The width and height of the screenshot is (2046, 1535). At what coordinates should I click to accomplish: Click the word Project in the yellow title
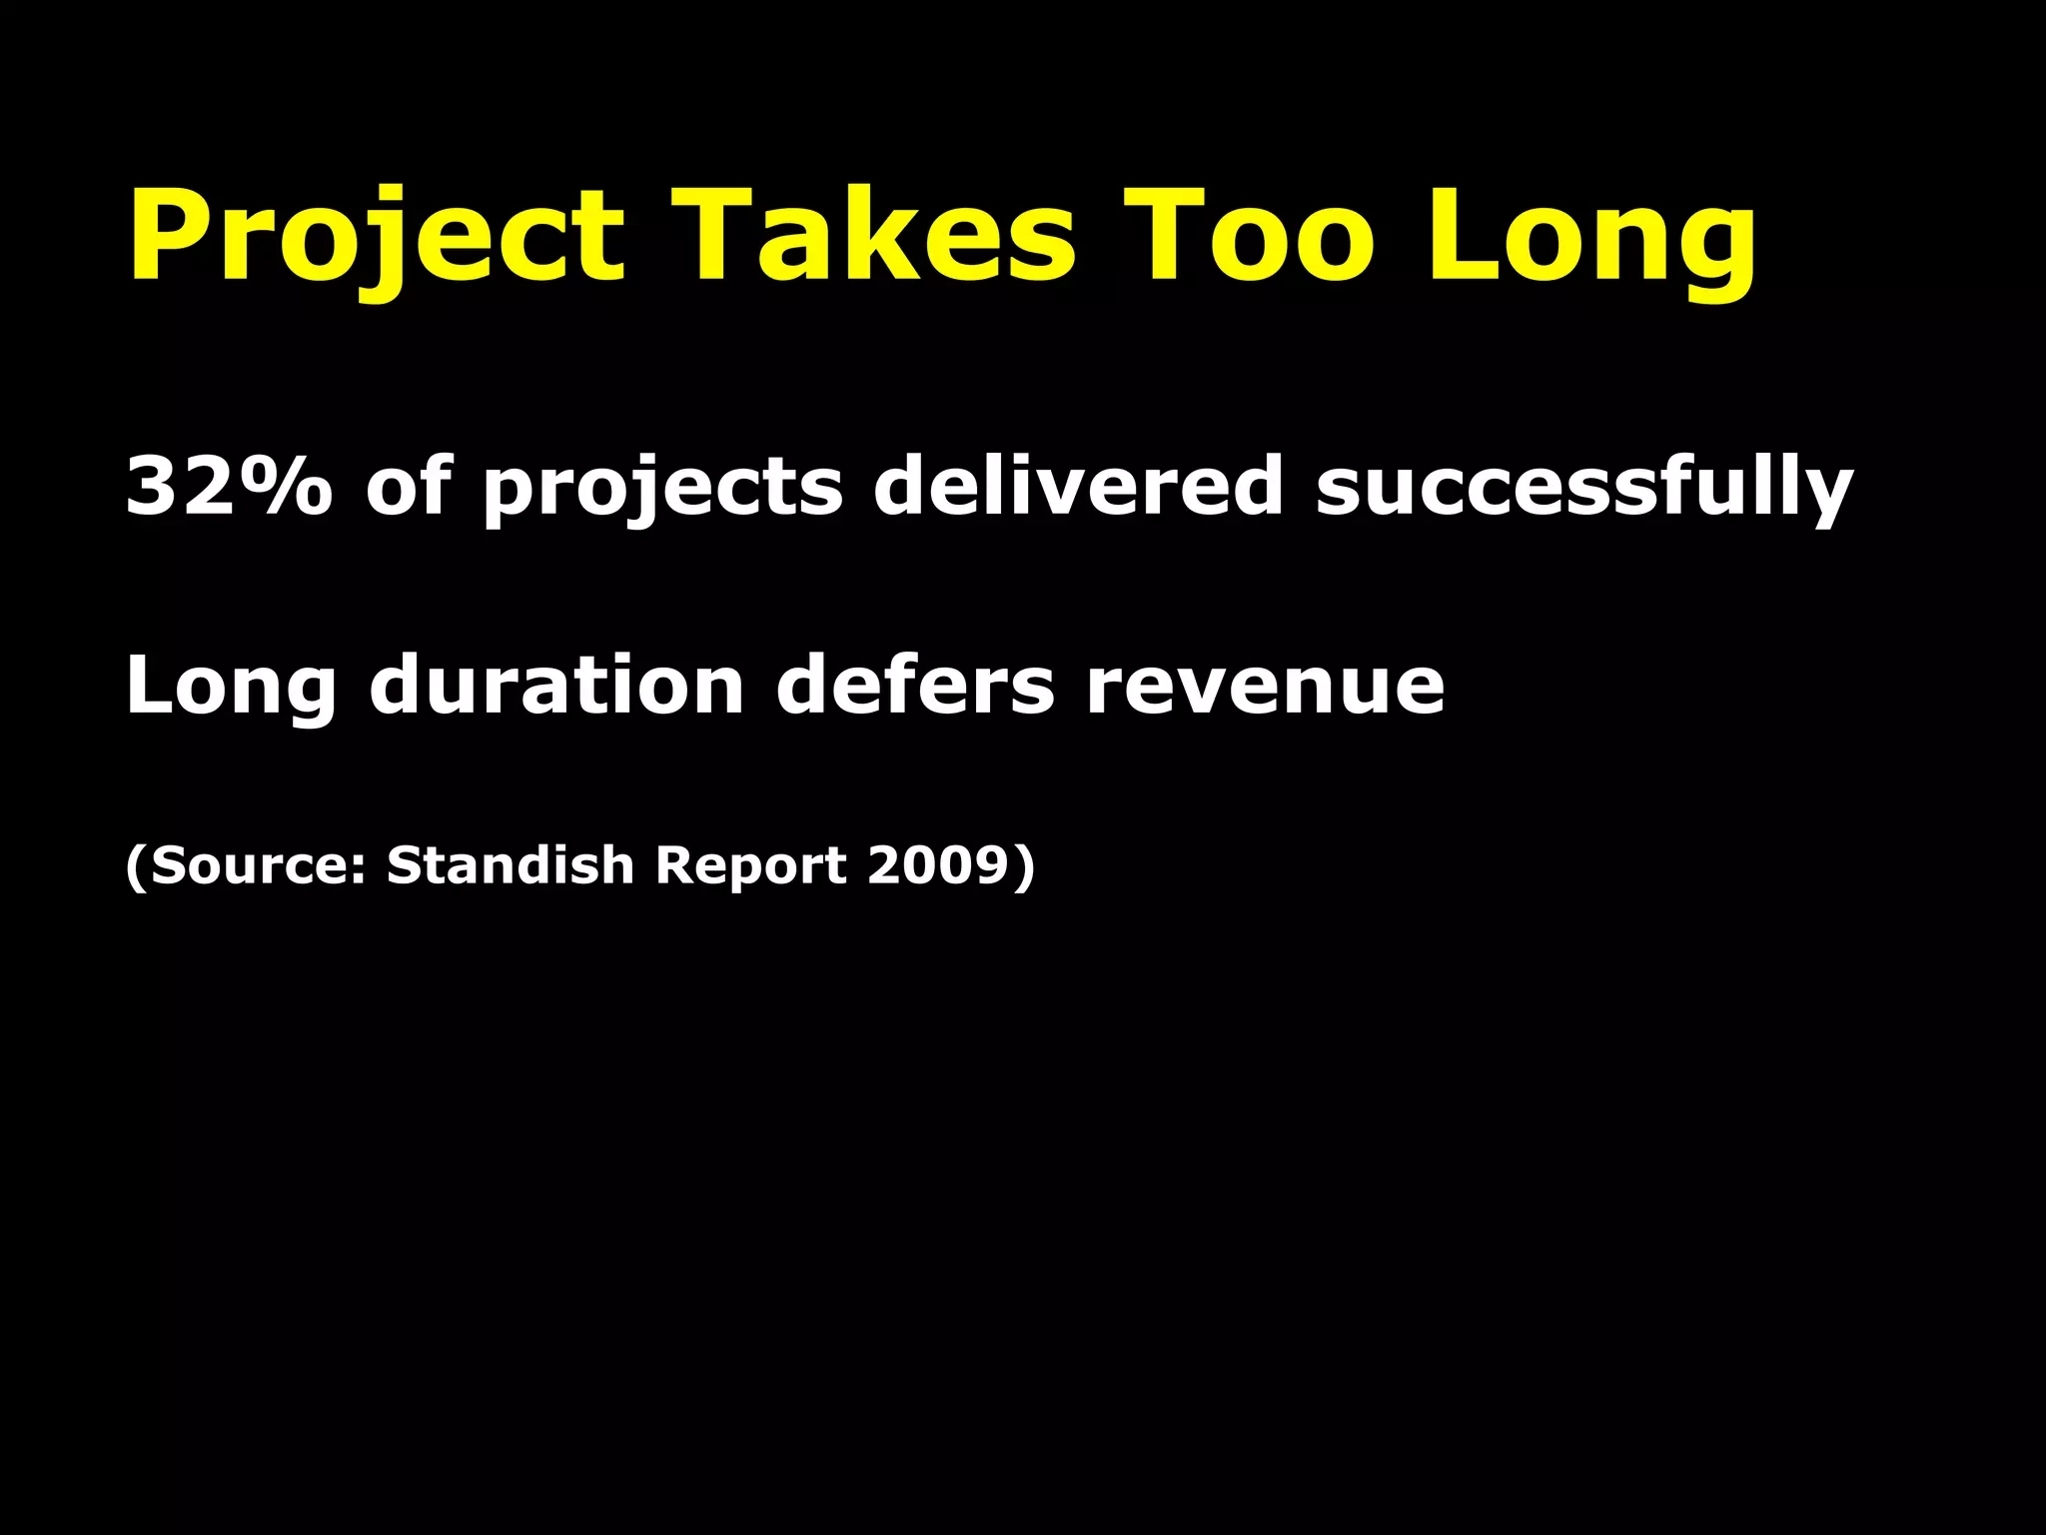point(376,238)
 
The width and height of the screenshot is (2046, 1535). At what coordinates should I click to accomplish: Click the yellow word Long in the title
point(1590,238)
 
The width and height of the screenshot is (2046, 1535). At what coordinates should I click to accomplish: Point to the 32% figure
point(228,487)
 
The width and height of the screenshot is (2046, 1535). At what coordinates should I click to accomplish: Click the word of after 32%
point(409,487)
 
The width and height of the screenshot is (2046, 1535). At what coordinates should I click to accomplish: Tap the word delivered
point(1078,487)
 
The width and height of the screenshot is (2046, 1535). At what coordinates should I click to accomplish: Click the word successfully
point(1584,487)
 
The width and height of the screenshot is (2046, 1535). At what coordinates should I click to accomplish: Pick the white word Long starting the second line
point(231,688)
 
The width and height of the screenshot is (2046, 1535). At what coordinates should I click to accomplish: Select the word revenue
point(1265,688)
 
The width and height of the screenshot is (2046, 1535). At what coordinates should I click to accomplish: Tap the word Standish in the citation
point(511,864)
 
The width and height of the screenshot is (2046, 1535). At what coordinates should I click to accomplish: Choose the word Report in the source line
point(751,865)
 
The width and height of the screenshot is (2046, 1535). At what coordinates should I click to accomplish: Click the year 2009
point(938,864)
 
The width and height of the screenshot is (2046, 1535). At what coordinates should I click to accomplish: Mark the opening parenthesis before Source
point(136,865)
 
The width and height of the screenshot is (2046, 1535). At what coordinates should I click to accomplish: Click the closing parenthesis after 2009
point(1024,865)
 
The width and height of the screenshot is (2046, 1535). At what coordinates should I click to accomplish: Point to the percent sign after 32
point(285,487)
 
